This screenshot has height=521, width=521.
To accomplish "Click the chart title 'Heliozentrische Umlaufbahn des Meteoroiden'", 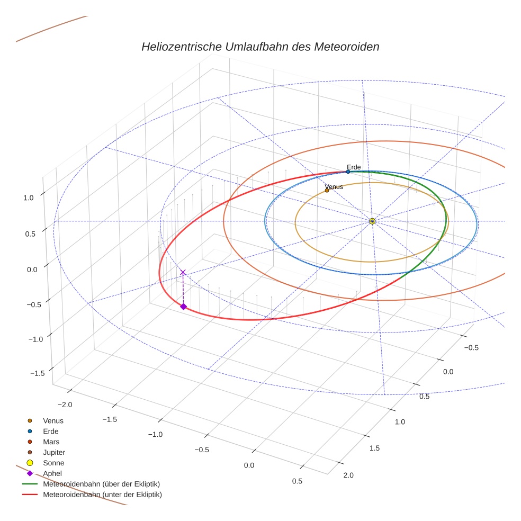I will coord(260,47).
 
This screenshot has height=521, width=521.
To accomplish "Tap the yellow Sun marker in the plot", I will coord(372,221).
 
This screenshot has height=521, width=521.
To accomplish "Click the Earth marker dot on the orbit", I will coord(348,172).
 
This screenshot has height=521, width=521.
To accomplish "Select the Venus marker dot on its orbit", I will coord(327,190).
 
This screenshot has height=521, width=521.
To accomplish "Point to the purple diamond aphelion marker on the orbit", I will coord(183,307).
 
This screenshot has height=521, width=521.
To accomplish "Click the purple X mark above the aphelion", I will coord(183,272).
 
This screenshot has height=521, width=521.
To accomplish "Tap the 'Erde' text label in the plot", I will coord(354,167).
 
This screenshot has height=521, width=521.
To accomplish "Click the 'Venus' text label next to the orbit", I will coord(334,187).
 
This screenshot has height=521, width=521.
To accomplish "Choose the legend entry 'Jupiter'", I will coord(54,453).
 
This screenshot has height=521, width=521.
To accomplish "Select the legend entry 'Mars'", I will coord(51,442).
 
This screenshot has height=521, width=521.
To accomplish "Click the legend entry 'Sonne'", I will coord(53,463).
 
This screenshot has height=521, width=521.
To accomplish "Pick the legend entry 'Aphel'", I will coord(52,473).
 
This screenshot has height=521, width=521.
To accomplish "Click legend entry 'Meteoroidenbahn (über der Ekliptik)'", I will coord(102,484).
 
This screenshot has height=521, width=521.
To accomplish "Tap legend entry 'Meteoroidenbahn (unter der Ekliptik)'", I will coord(102,495).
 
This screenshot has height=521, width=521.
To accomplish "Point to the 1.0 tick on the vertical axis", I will coord(28,197).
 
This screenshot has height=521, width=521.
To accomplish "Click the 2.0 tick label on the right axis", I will coord(348,475).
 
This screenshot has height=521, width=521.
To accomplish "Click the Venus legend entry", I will coord(53,421).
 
